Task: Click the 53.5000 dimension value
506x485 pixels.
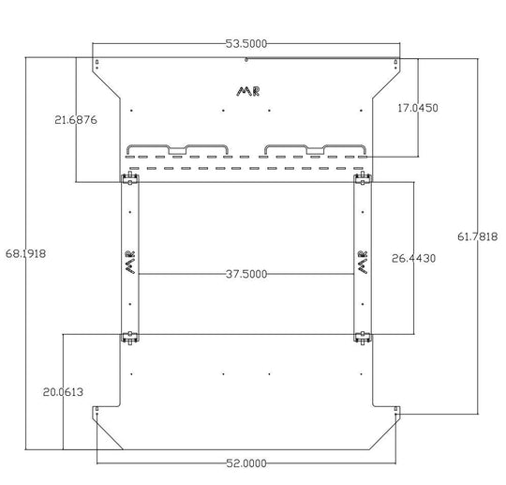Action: click(246, 44)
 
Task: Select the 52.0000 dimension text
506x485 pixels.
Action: click(246, 463)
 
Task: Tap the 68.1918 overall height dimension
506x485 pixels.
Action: click(25, 253)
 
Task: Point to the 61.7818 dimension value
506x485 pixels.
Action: click(478, 236)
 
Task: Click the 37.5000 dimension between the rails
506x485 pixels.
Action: click(246, 274)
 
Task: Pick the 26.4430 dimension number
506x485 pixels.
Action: click(414, 258)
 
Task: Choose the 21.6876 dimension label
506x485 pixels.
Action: click(76, 120)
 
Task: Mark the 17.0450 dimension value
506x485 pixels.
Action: click(418, 108)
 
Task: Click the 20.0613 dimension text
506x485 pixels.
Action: click(63, 392)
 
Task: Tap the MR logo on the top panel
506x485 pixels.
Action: click(247, 91)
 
